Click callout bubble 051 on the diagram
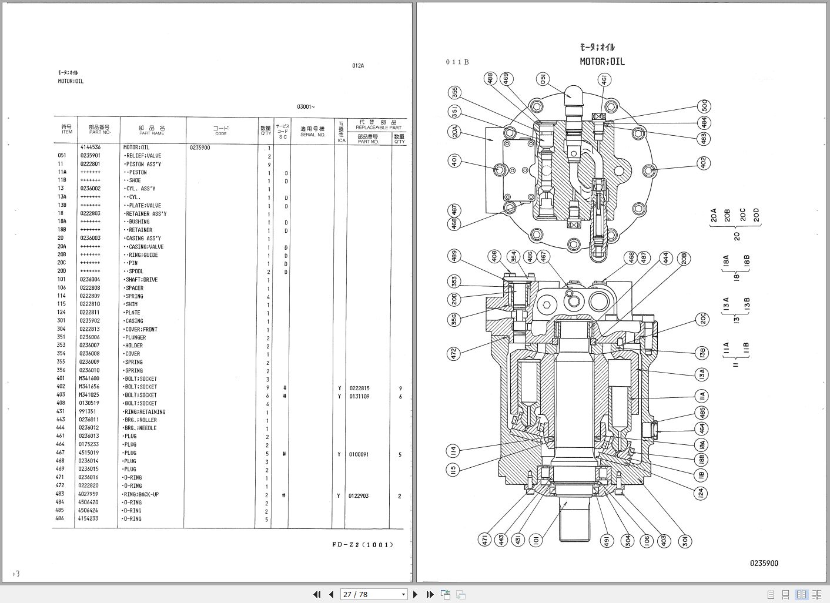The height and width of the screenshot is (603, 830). pyautogui.click(x=543, y=79)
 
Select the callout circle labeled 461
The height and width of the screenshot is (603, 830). pyautogui.click(x=604, y=80)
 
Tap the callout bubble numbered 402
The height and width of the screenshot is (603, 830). pyautogui.click(x=704, y=163)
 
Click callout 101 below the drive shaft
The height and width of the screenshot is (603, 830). pyautogui.click(x=535, y=540)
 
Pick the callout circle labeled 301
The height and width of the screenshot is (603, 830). pyautogui.click(x=685, y=541)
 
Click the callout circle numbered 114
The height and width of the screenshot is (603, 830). pyautogui.click(x=453, y=451)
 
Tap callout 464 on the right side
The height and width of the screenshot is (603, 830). pyautogui.click(x=701, y=429)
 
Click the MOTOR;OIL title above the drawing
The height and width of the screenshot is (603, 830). pyautogui.click(x=602, y=61)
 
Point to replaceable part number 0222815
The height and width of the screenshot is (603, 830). pyautogui.click(x=360, y=388)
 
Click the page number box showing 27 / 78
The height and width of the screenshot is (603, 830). pyautogui.click(x=374, y=594)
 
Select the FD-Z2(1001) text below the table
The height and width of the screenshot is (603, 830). pyautogui.click(x=362, y=544)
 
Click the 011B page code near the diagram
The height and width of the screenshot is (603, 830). pyautogui.click(x=457, y=62)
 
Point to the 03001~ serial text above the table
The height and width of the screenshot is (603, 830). pyautogui.click(x=306, y=106)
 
